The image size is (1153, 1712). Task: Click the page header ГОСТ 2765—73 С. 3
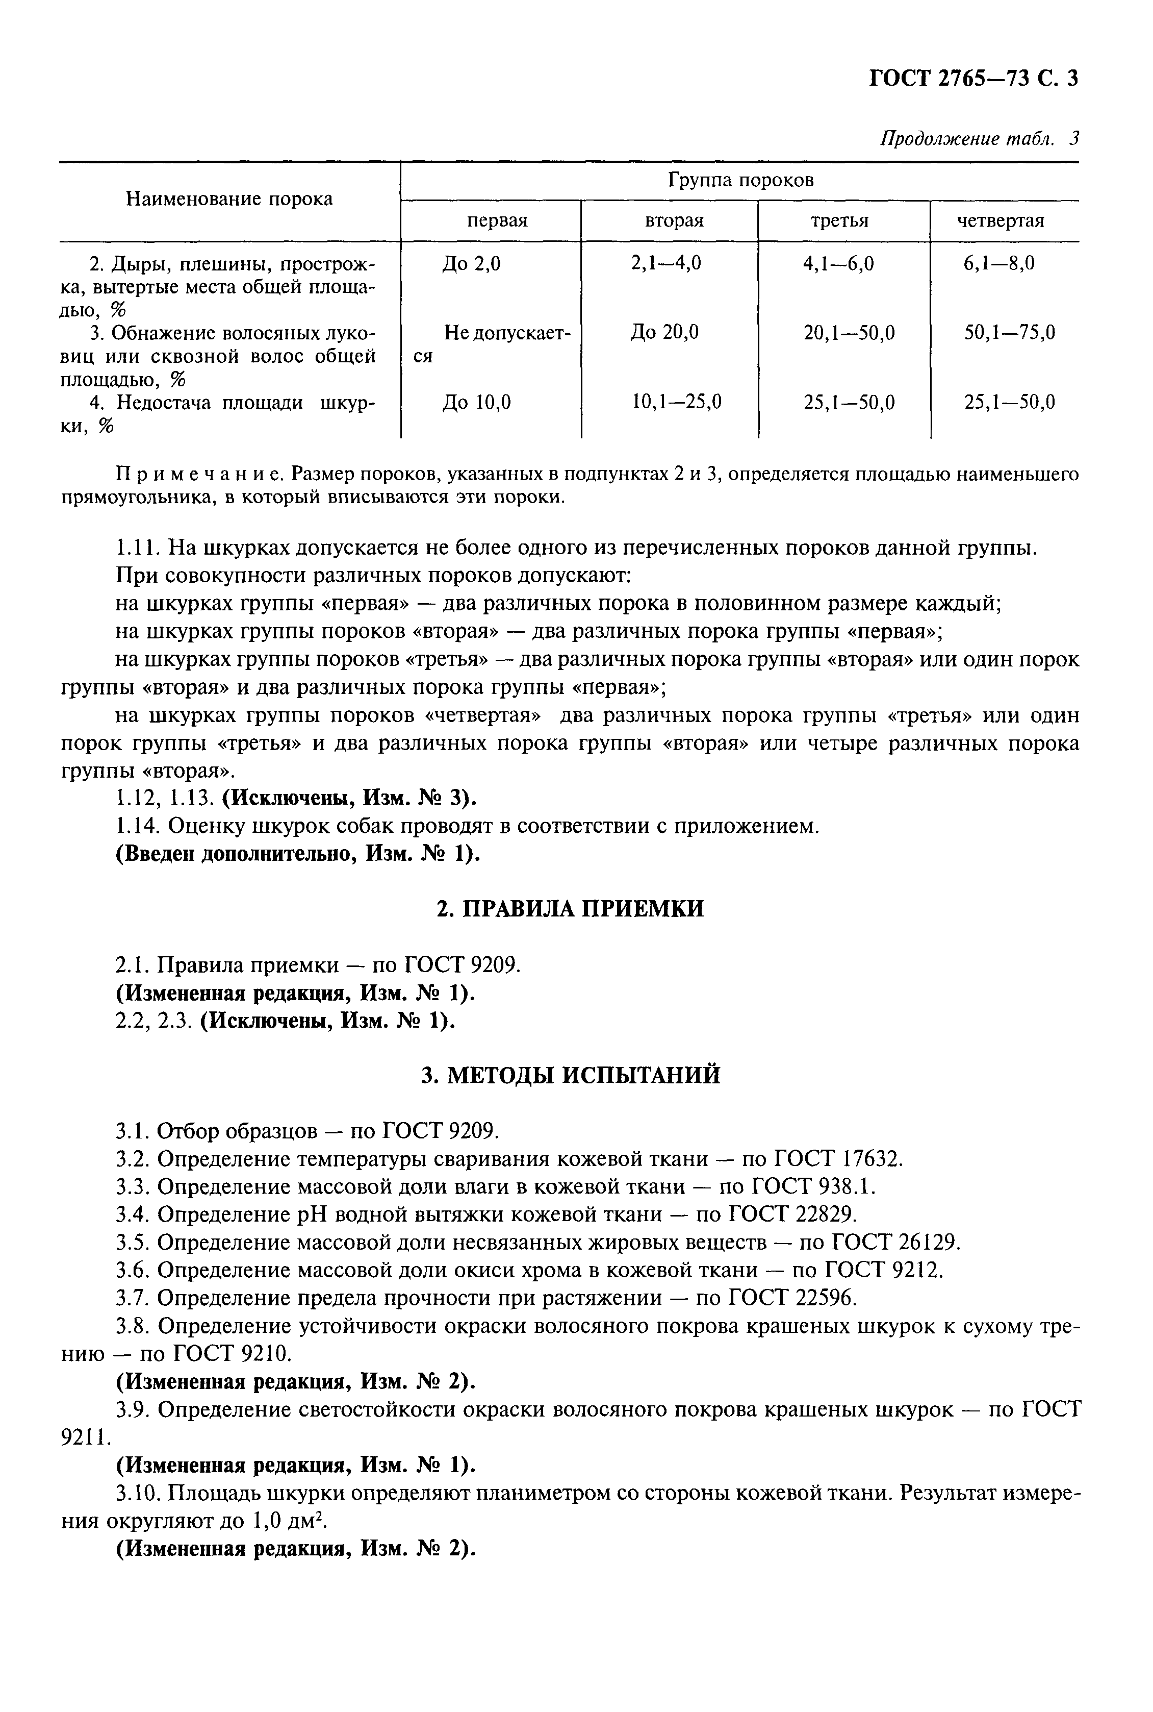pyautogui.click(x=973, y=78)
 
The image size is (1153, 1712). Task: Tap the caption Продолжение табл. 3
pyautogui.click(x=979, y=138)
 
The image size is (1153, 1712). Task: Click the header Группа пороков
pyautogui.click(x=740, y=180)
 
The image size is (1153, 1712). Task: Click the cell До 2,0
pyautogui.click(x=471, y=263)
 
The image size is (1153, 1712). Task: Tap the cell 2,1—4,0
pyautogui.click(x=665, y=263)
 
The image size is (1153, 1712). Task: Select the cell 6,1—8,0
pyautogui.click(x=998, y=263)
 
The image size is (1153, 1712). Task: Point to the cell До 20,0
pyautogui.click(x=664, y=333)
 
